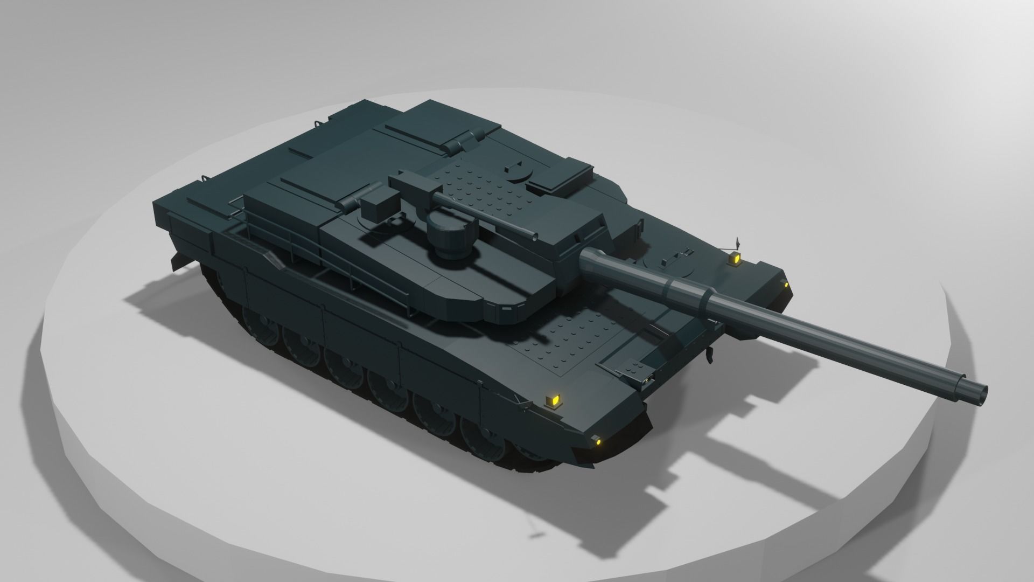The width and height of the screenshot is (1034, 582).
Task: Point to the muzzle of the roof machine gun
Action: tap(534, 236)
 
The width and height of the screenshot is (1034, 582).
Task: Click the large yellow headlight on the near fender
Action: tap(553, 401)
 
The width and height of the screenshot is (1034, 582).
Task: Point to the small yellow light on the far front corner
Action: tap(786, 284)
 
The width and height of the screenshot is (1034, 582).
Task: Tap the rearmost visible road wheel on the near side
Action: tap(256, 321)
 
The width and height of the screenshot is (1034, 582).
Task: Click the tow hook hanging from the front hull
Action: tap(709, 354)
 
